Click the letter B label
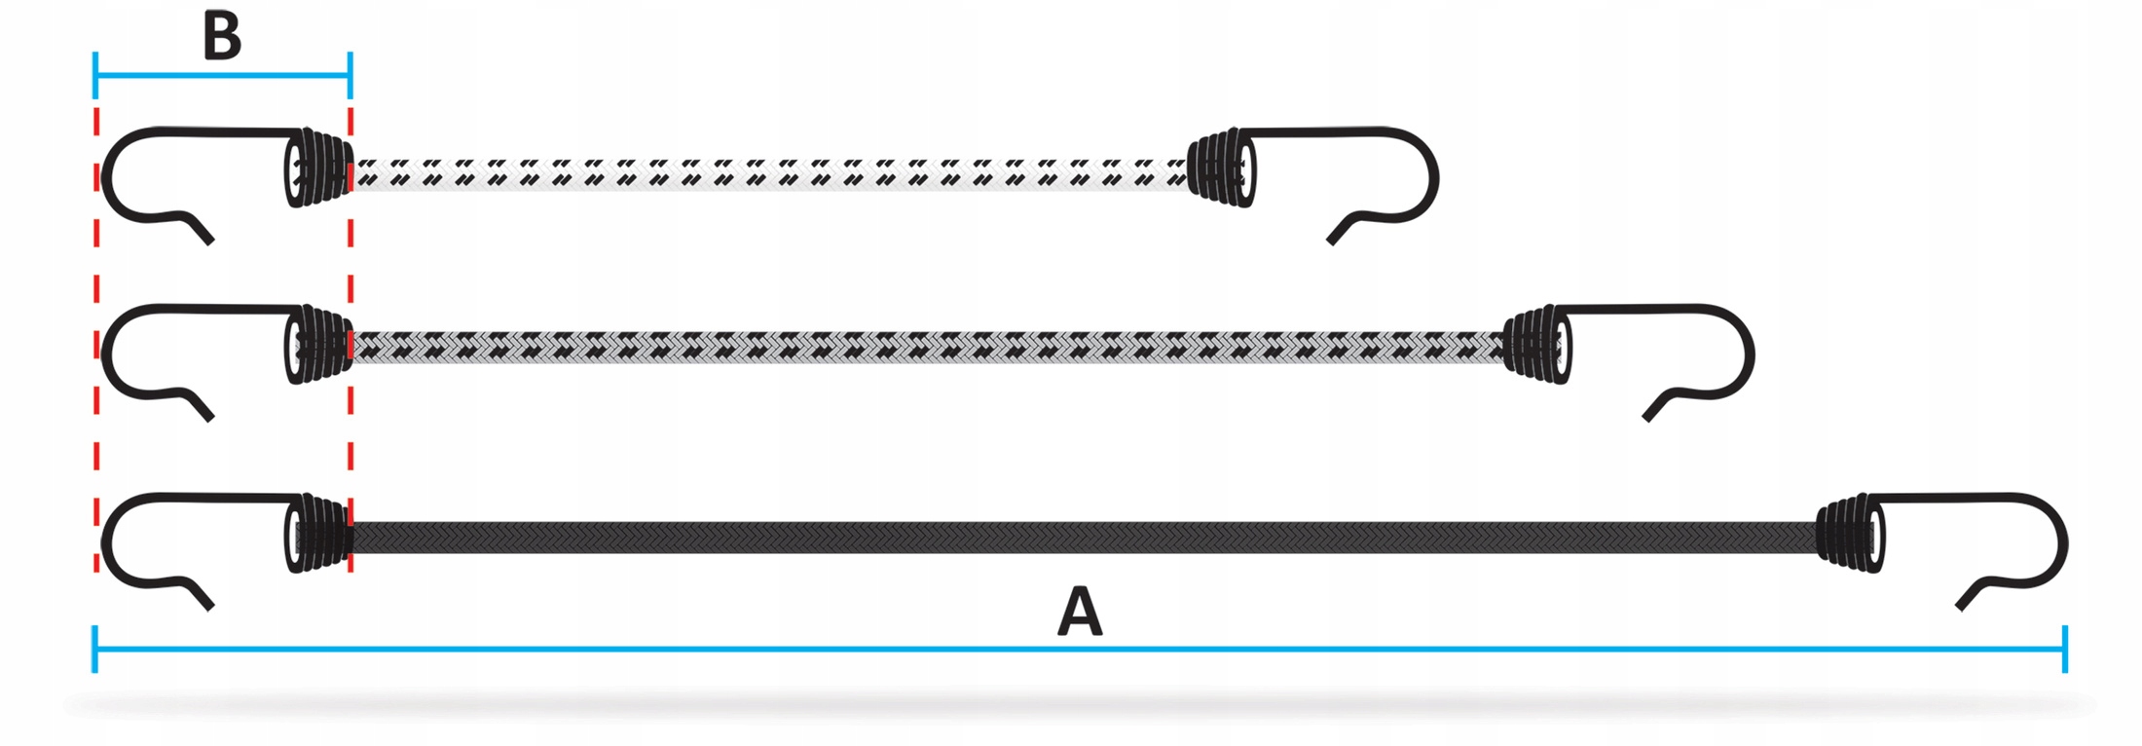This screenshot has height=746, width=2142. point(222,37)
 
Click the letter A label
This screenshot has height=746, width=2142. point(1080,612)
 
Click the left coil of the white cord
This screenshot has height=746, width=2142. point(319,168)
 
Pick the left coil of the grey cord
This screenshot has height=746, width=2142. point(319,345)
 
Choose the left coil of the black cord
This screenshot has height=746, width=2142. point(319,533)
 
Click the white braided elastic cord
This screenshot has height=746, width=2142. point(769,173)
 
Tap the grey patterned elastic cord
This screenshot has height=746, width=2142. point(925,347)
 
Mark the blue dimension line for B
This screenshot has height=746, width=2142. point(222,75)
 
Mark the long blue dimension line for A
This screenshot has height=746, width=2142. point(1080,649)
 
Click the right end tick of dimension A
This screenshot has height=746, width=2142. point(2064,649)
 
